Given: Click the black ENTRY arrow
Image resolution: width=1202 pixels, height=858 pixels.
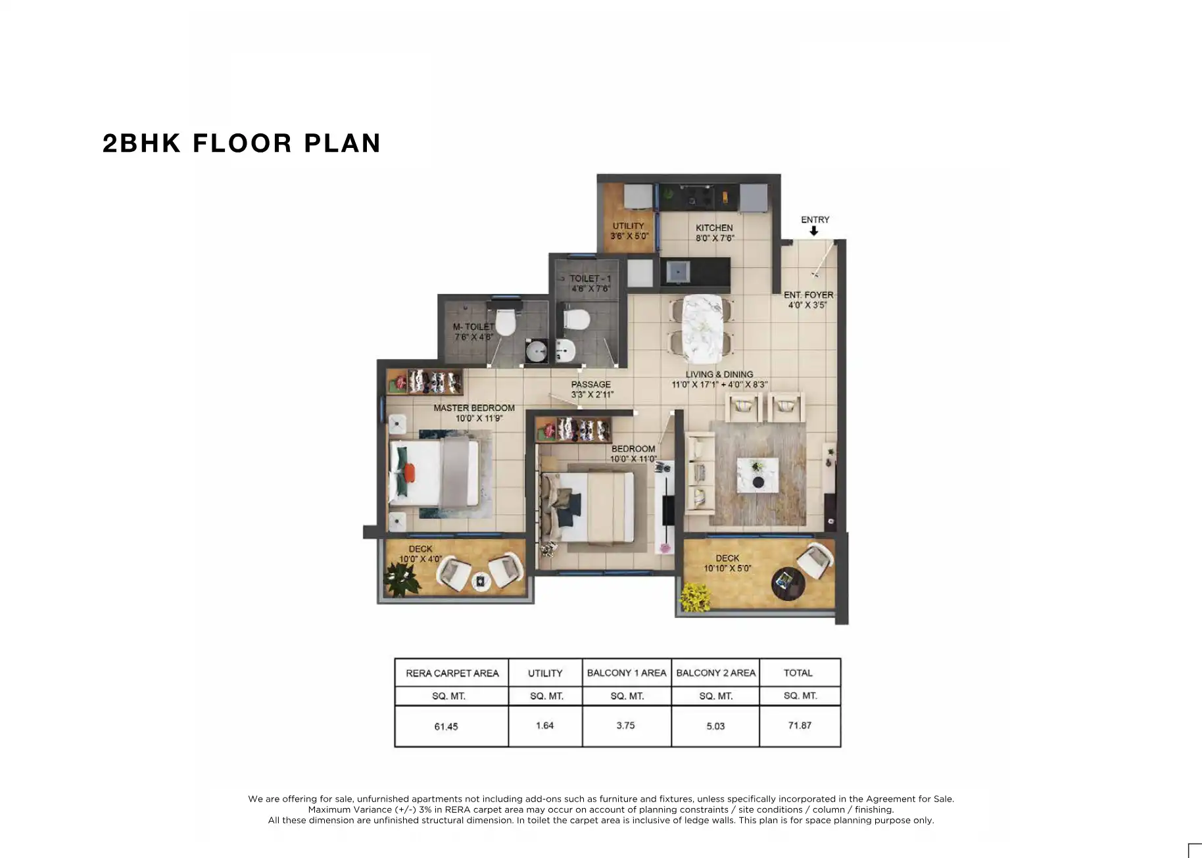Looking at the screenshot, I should (813, 231).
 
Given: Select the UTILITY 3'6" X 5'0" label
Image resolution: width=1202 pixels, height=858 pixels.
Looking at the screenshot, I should (629, 230).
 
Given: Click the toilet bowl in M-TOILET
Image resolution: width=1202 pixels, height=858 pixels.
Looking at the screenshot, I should (505, 322).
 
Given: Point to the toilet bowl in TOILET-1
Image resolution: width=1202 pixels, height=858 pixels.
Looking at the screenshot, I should (575, 320).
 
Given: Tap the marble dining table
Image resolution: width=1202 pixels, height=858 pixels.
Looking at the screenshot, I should (701, 328).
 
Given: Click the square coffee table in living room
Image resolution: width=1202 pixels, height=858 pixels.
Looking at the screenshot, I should (757, 475).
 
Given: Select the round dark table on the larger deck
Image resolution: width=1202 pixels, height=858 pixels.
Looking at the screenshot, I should (788, 582).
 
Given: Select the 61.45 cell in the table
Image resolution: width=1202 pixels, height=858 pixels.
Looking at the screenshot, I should (446, 727).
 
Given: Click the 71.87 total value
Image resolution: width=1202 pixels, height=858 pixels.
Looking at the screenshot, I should (800, 725).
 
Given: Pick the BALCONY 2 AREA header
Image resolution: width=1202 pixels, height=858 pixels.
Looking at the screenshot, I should (715, 673).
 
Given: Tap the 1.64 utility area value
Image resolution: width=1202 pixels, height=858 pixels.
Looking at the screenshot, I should (544, 725).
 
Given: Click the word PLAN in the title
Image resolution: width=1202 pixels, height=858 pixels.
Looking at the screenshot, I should (342, 143).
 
